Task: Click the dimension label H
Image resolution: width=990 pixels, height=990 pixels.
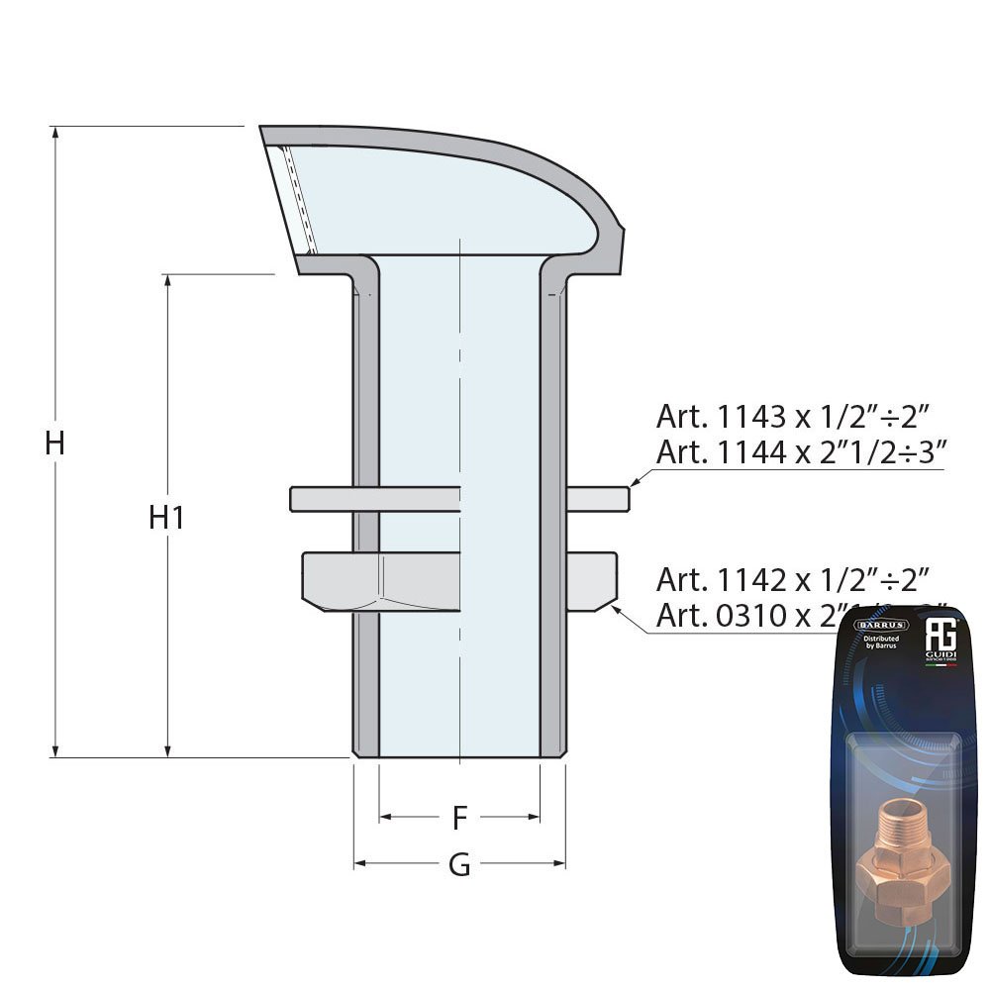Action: coord(54,443)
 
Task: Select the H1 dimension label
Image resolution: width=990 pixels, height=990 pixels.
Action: coord(166,517)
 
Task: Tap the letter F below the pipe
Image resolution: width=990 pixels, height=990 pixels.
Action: coord(459,818)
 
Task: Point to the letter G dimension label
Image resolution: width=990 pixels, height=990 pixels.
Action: coord(459,864)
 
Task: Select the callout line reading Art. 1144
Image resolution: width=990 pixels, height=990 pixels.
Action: coord(802,451)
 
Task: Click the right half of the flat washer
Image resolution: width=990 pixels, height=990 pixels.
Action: coord(597,499)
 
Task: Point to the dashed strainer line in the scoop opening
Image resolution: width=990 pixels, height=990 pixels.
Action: coord(295,198)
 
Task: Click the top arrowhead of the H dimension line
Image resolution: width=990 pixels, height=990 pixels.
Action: coord(55,133)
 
